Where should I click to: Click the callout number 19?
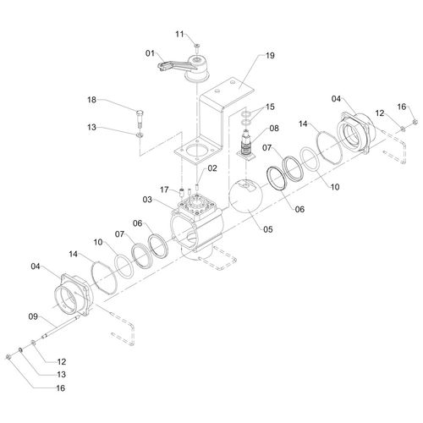(x=270, y=56)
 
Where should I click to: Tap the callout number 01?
(x=150, y=53)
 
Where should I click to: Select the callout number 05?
(x=268, y=229)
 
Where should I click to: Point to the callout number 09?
(x=33, y=316)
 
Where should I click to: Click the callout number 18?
(x=91, y=100)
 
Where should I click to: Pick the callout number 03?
(x=147, y=200)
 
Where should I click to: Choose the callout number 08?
(x=274, y=129)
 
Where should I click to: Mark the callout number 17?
(x=164, y=190)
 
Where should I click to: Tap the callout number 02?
(x=212, y=168)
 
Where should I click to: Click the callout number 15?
(x=270, y=107)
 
